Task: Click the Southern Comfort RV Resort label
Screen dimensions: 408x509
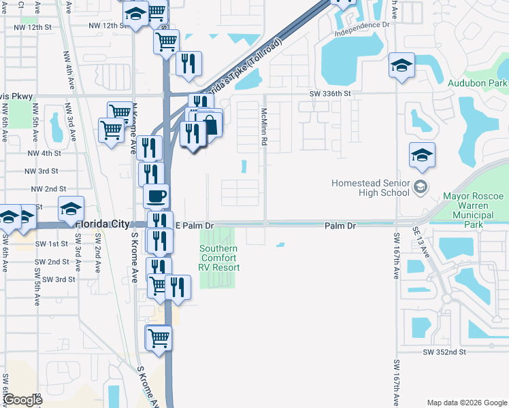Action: click(219, 258)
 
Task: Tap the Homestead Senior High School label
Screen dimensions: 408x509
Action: click(371, 188)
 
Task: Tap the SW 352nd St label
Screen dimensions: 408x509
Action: click(444, 352)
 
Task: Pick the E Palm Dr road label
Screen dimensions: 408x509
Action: click(195, 225)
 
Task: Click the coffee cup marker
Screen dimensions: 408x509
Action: click(156, 197)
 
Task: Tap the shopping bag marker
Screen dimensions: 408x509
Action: click(210, 124)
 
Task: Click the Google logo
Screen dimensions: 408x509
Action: click(22, 400)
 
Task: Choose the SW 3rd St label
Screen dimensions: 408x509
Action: click(59, 279)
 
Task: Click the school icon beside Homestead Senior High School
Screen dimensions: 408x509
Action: click(421, 187)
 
